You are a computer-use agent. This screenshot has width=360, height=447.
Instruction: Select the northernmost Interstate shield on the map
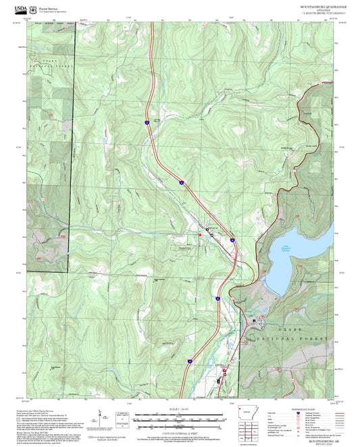coord(147,122)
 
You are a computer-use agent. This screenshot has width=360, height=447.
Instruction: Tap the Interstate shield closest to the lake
coord(232,239)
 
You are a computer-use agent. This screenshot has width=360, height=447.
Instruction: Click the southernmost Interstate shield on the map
coord(190,361)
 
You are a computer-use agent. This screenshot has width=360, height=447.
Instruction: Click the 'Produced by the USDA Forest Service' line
coord(47,410)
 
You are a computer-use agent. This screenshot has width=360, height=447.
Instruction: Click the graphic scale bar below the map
coord(180,417)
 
